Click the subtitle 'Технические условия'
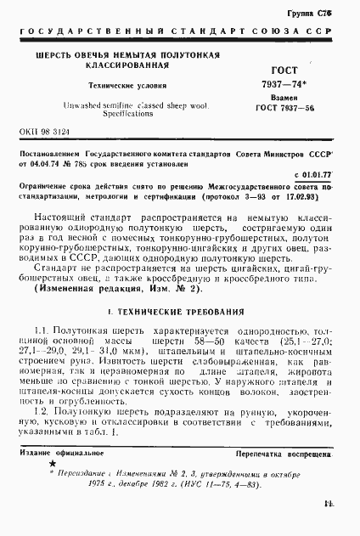pos(128,87)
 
